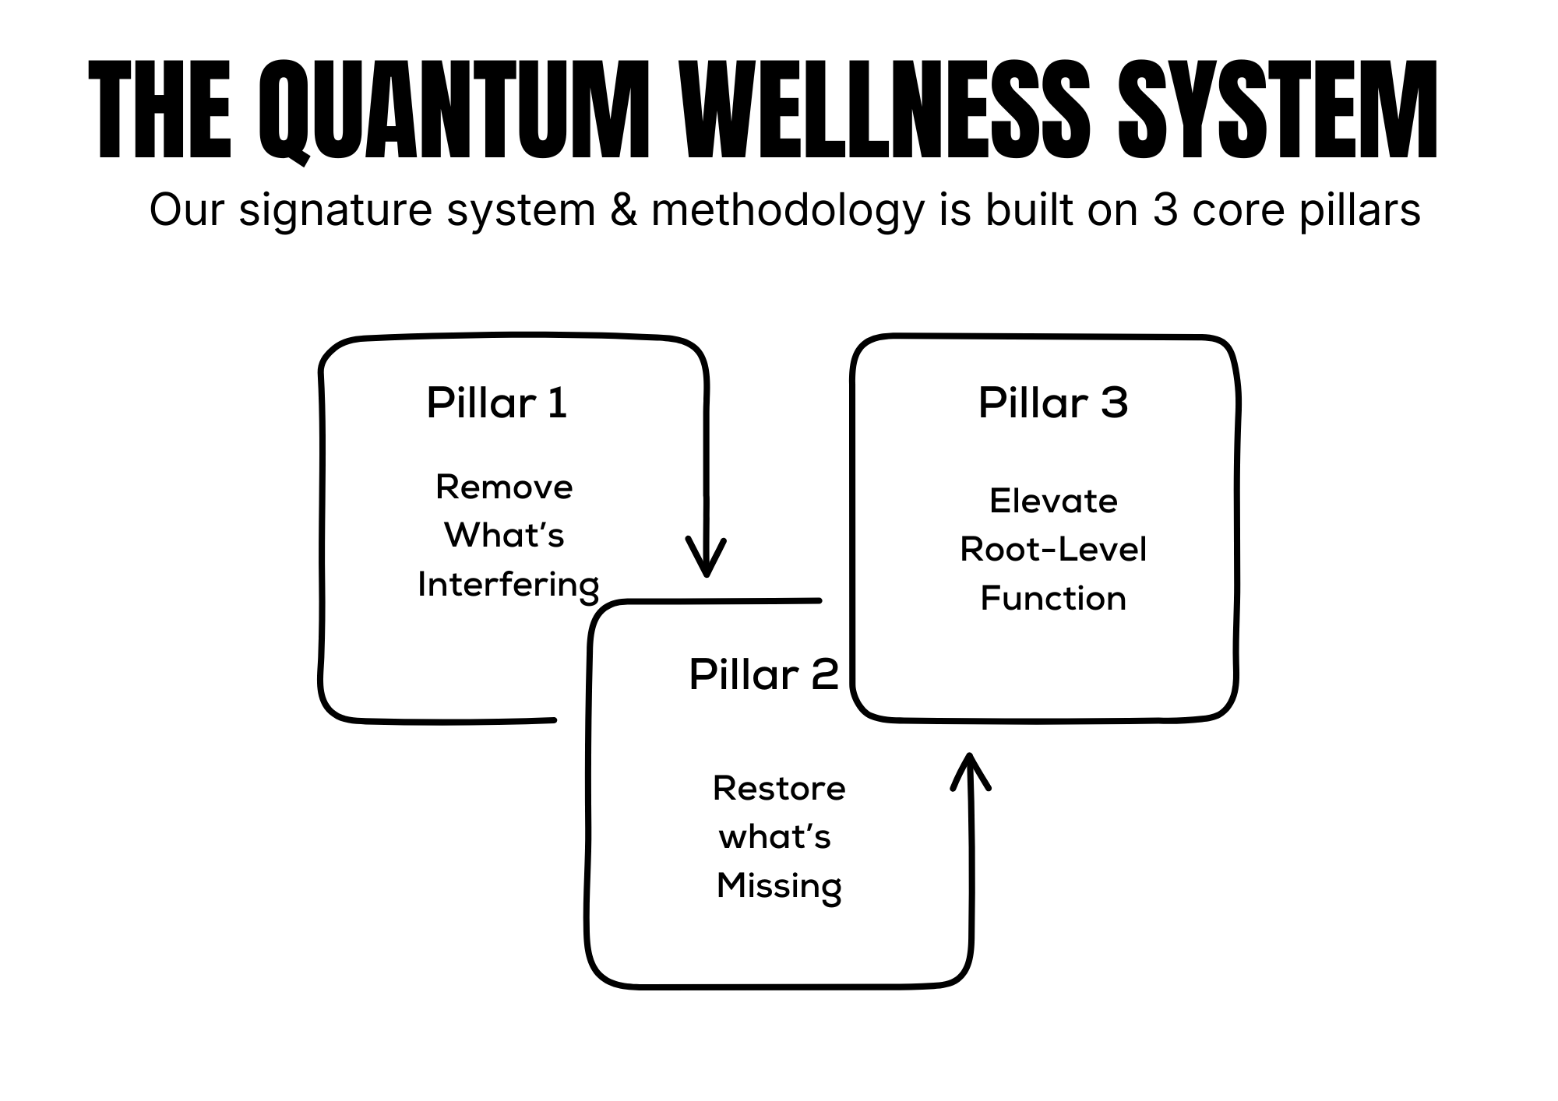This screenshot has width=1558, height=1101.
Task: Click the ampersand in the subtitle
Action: pyautogui.click(x=623, y=210)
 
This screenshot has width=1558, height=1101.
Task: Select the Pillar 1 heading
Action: pyautogui.click(x=497, y=403)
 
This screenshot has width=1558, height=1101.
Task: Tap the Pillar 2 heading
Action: pyautogui.click(x=763, y=674)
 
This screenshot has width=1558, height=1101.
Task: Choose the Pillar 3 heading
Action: pyautogui.click(x=1053, y=403)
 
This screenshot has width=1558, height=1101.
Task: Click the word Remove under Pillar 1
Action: pyautogui.click(x=504, y=487)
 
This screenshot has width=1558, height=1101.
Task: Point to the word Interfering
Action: pyautogui.click(x=508, y=586)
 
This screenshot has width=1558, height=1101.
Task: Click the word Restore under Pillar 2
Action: pyautogui.click(x=779, y=789)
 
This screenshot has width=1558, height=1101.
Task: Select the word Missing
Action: pyautogui.click(x=779, y=887)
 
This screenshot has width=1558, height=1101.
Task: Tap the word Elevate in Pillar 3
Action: pyautogui.click(x=1053, y=501)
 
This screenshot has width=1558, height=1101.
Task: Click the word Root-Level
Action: pyautogui.click(x=1053, y=550)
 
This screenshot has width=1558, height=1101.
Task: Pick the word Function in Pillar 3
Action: pyautogui.click(x=1053, y=599)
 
